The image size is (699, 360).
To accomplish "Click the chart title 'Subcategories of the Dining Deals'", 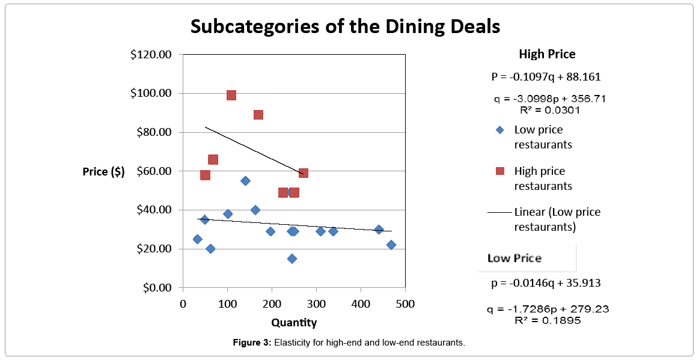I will click(345, 26).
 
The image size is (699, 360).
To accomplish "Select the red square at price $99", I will click(231, 95).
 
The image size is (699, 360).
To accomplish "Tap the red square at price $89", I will click(258, 115).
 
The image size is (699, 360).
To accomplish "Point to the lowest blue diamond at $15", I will click(292, 258).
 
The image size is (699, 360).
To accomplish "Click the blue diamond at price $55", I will click(245, 181).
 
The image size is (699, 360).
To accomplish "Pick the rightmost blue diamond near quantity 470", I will click(391, 245).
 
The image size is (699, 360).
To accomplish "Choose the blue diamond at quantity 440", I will click(379, 230).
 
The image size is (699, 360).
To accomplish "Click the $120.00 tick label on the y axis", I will click(151, 55).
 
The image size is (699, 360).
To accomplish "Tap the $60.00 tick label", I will click(153, 171).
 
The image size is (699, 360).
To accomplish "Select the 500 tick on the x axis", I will click(405, 304).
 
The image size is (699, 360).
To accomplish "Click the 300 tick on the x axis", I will click(316, 304).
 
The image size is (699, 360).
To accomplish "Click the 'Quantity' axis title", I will click(294, 323).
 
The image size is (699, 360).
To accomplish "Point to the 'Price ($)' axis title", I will click(104, 171).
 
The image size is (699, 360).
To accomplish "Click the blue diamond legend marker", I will click(499, 130).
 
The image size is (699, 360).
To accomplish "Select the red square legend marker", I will click(499, 171).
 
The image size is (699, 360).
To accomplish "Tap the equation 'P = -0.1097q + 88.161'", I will click(546, 77).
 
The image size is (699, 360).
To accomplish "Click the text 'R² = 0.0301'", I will click(550, 110).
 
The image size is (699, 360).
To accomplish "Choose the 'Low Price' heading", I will click(514, 258).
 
